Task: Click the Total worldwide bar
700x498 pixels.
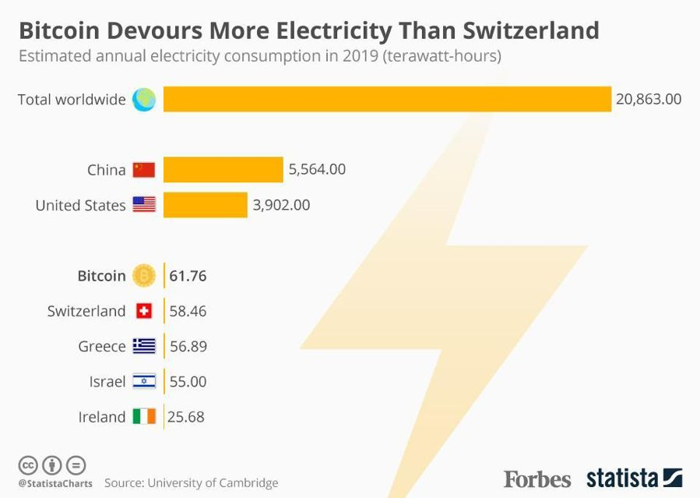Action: coord(387,99)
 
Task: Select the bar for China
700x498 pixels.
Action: coord(223,170)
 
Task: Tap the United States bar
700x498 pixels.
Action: coord(205,205)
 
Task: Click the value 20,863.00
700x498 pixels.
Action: coord(649,99)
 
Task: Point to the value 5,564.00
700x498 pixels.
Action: coord(317,170)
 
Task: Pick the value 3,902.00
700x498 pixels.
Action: coord(281,205)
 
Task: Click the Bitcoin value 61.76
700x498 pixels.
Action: coord(188,276)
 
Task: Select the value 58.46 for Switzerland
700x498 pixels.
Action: coord(188,311)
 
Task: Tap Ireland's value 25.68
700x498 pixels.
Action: coord(187,417)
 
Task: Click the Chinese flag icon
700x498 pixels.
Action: coord(144,170)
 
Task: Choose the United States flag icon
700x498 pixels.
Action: coord(144,205)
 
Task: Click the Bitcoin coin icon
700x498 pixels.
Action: coord(144,276)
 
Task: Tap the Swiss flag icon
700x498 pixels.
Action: coord(144,311)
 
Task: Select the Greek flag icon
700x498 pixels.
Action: coord(144,346)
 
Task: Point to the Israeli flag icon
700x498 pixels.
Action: coord(144,382)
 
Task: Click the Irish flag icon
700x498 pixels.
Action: coord(144,417)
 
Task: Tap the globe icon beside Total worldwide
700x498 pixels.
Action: coord(144,99)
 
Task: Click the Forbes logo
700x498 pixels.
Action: coord(536,478)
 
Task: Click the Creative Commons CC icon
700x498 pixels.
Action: coord(28,465)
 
